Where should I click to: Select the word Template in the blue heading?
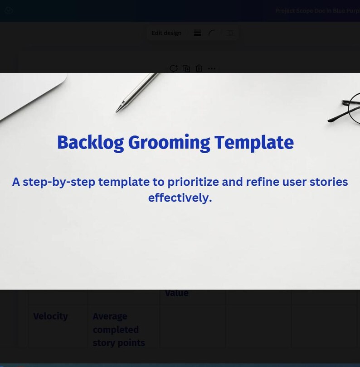(x=254, y=142)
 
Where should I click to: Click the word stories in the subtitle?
(x=329, y=182)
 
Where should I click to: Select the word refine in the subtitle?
(x=262, y=182)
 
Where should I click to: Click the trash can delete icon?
(x=199, y=68)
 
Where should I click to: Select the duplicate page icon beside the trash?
(x=186, y=68)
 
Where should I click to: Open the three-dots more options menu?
(x=212, y=68)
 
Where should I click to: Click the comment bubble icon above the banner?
(x=174, y=68)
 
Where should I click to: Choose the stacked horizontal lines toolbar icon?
(x=197, y=33)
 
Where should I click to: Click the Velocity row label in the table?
(x=50, y=316)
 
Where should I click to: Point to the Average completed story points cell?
(x=118, y=329)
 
